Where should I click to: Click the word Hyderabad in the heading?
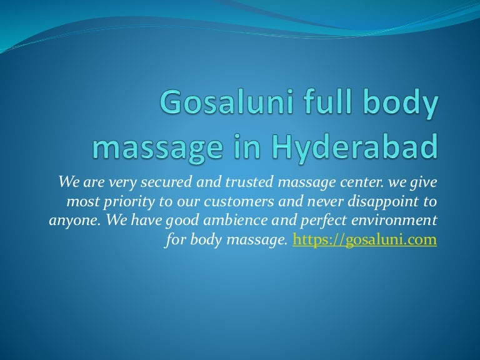(354, 146)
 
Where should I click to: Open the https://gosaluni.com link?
(364, 239)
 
